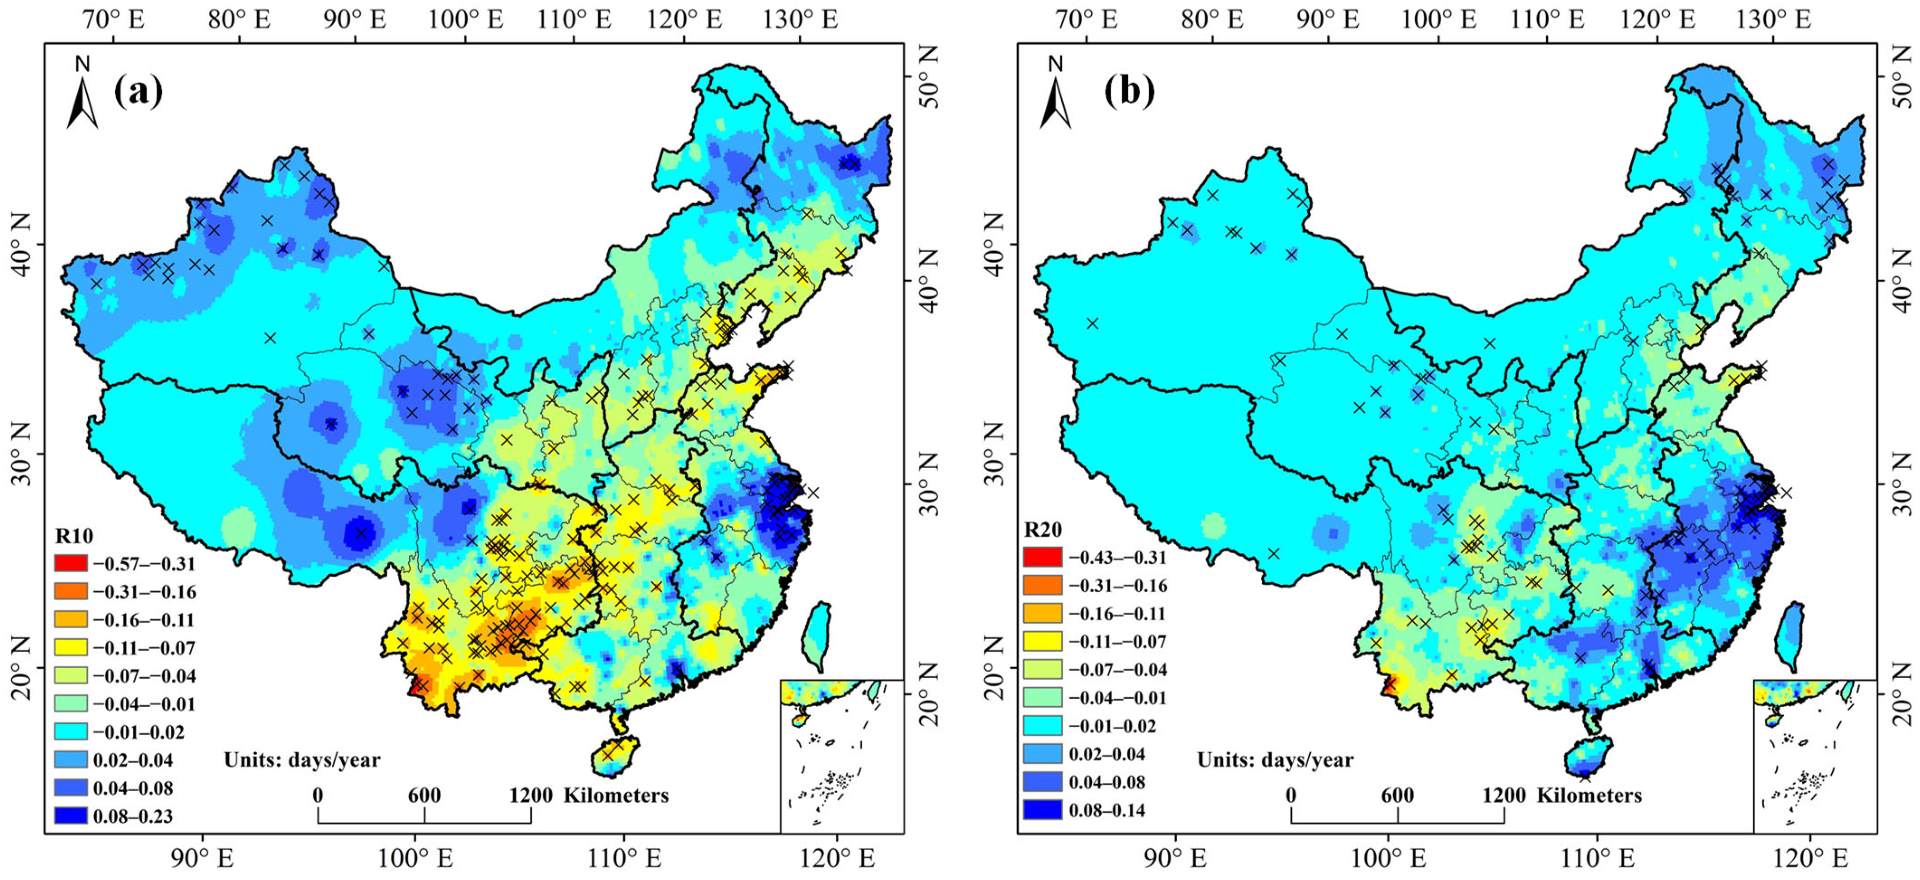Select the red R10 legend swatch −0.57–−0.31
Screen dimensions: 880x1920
71,563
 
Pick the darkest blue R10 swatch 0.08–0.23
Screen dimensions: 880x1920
71,816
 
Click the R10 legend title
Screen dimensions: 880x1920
74,536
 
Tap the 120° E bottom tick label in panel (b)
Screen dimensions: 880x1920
1809,858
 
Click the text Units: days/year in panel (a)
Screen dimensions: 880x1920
302,760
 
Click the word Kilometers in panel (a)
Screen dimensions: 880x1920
616,796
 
